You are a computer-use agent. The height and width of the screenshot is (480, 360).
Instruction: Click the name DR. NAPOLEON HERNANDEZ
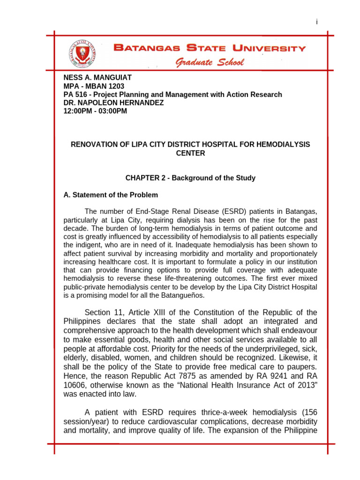tap(113, 103)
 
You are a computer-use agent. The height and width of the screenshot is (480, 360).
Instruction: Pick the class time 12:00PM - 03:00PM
tap(95, 111)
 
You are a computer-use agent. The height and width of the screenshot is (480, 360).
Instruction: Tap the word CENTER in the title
tap(190, 153)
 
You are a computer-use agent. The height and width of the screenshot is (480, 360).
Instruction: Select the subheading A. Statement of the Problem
tap(111, 195)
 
